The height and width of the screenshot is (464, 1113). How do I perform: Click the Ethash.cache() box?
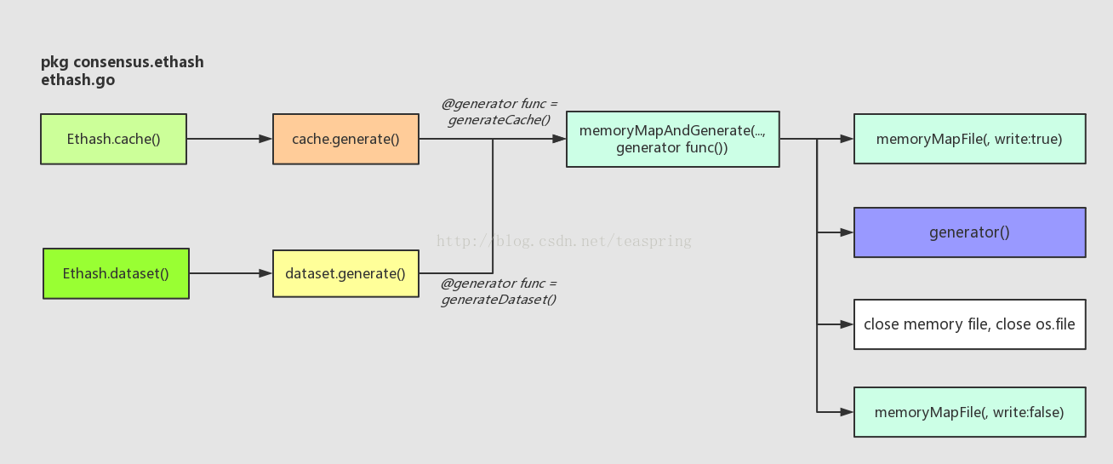pyautogui.click(x=113, y=139)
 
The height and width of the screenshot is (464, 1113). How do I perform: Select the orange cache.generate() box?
pyautogui.click(x=345, y=139)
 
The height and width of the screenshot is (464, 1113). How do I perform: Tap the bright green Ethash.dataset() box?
pyautogui.click(x=116, y=273)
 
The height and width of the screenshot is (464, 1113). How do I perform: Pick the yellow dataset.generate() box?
pyautogui.click(x=345, y=273)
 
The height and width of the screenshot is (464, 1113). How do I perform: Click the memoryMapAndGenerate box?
pyautogui.click(x=672, y=139)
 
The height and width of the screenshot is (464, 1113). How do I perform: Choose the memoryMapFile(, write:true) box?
pyautogui.click(x=969, y=139)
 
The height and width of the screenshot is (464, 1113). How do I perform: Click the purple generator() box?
pyautogui.click(x=969, y=232)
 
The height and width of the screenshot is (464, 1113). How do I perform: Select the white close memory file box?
pyautogui.click(x=969, y=324)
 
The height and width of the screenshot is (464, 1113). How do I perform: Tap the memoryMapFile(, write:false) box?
pyautogui.click(x=969, y=412)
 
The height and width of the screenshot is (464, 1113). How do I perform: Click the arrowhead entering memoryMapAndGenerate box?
pyautogui.click(x=559, y=139)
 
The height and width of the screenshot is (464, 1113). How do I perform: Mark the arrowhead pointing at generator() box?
pyautogui.click(x=847, y=232)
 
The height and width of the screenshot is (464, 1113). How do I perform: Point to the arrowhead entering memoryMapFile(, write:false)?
pyautogui.click(x=847, y=412)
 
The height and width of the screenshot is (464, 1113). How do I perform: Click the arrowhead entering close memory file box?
pyautogui.click(x=847, y=324)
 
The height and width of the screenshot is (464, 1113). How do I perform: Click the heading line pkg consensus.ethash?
pyautogui.click(x=122, y=62)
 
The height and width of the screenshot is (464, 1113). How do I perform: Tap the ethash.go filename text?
pyautogui.click(x=77, y=80)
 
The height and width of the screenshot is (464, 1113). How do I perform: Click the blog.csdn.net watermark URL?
pyautogui.click(x=564, y=241)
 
